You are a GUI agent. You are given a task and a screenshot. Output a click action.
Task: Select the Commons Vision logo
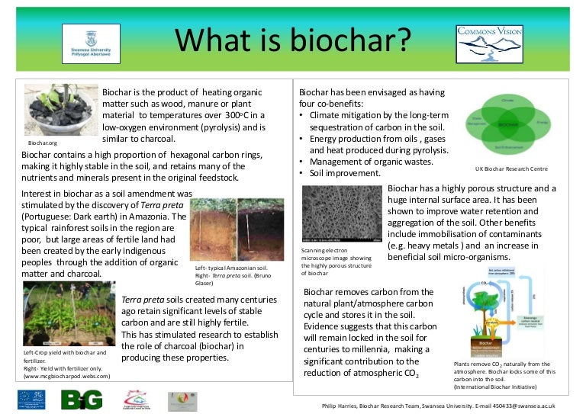[x=489, y=43]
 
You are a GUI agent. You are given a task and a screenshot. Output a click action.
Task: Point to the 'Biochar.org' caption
[x=43, y=143]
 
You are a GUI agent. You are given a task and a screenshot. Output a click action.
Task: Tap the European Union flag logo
[x=31, y=399]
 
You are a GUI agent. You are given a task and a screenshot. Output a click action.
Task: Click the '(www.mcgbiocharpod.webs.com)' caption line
[x=66, y=376]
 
